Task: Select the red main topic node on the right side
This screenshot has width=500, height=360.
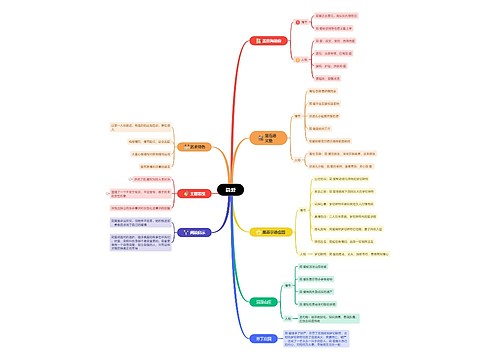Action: (270, 41)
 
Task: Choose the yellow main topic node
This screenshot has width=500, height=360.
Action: (272, 231)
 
